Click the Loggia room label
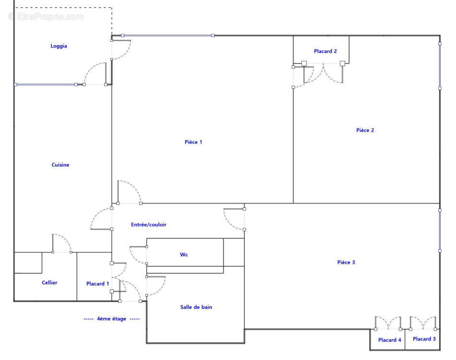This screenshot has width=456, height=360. (59, 46)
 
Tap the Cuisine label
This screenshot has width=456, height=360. (60, 165)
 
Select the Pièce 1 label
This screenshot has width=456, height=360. (193, 142)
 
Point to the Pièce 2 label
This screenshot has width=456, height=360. (365, 130)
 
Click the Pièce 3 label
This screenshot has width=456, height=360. (346, 262)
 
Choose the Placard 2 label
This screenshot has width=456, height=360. (325, 51)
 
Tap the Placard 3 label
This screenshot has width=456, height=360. (424, 339)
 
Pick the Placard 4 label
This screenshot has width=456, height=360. (390, 340)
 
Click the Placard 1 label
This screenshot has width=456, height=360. (98, 284)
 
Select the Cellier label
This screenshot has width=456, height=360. (49, 283)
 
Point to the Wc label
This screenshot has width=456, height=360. (184, 255)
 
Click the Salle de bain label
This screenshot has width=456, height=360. (196, 307)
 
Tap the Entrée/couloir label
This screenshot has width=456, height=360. (149, 225)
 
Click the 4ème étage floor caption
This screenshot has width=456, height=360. (112, 319)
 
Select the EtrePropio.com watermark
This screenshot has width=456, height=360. (47, 17)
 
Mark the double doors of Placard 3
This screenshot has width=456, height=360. (423, 323)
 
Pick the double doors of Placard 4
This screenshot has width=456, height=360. (388, 323)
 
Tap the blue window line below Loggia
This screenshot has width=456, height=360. (46, 84)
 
